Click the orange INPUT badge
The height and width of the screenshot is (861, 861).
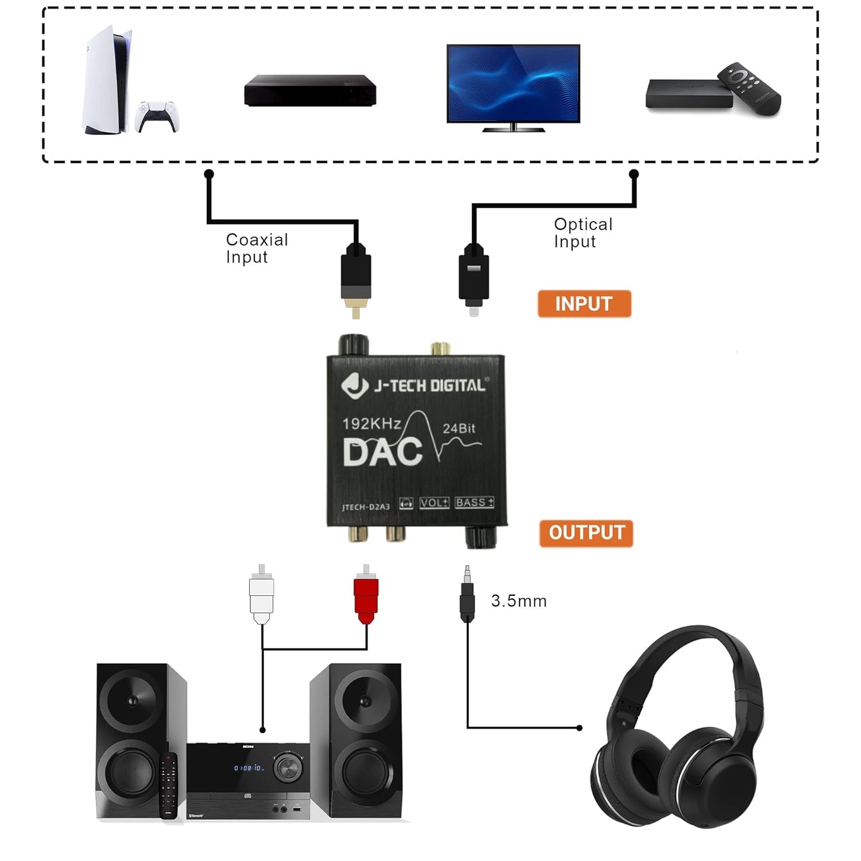(x=584, y=304)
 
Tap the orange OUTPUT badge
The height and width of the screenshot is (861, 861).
(x=586, y=533)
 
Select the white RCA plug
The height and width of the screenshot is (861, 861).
(x=262, y=595)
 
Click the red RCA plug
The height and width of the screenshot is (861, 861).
(x=366, y=595)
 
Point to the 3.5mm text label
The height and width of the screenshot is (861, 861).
(x=518, y=601)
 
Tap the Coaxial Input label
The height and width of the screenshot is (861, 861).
(x=257, y=248)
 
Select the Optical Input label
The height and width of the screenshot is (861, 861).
(x=583, y=233)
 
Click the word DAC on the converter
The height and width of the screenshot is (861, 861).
(x=383, y=453)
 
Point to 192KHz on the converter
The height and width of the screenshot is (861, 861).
(x=371, y=424)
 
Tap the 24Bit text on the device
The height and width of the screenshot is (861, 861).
(x=459, y=428)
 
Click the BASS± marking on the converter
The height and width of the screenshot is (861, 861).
(x=474, y=502)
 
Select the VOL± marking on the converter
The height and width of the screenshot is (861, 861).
(x=434, y=503)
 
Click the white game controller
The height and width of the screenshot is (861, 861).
(x=158, y=116)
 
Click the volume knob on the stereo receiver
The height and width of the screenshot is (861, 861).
(x=288, y=767)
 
